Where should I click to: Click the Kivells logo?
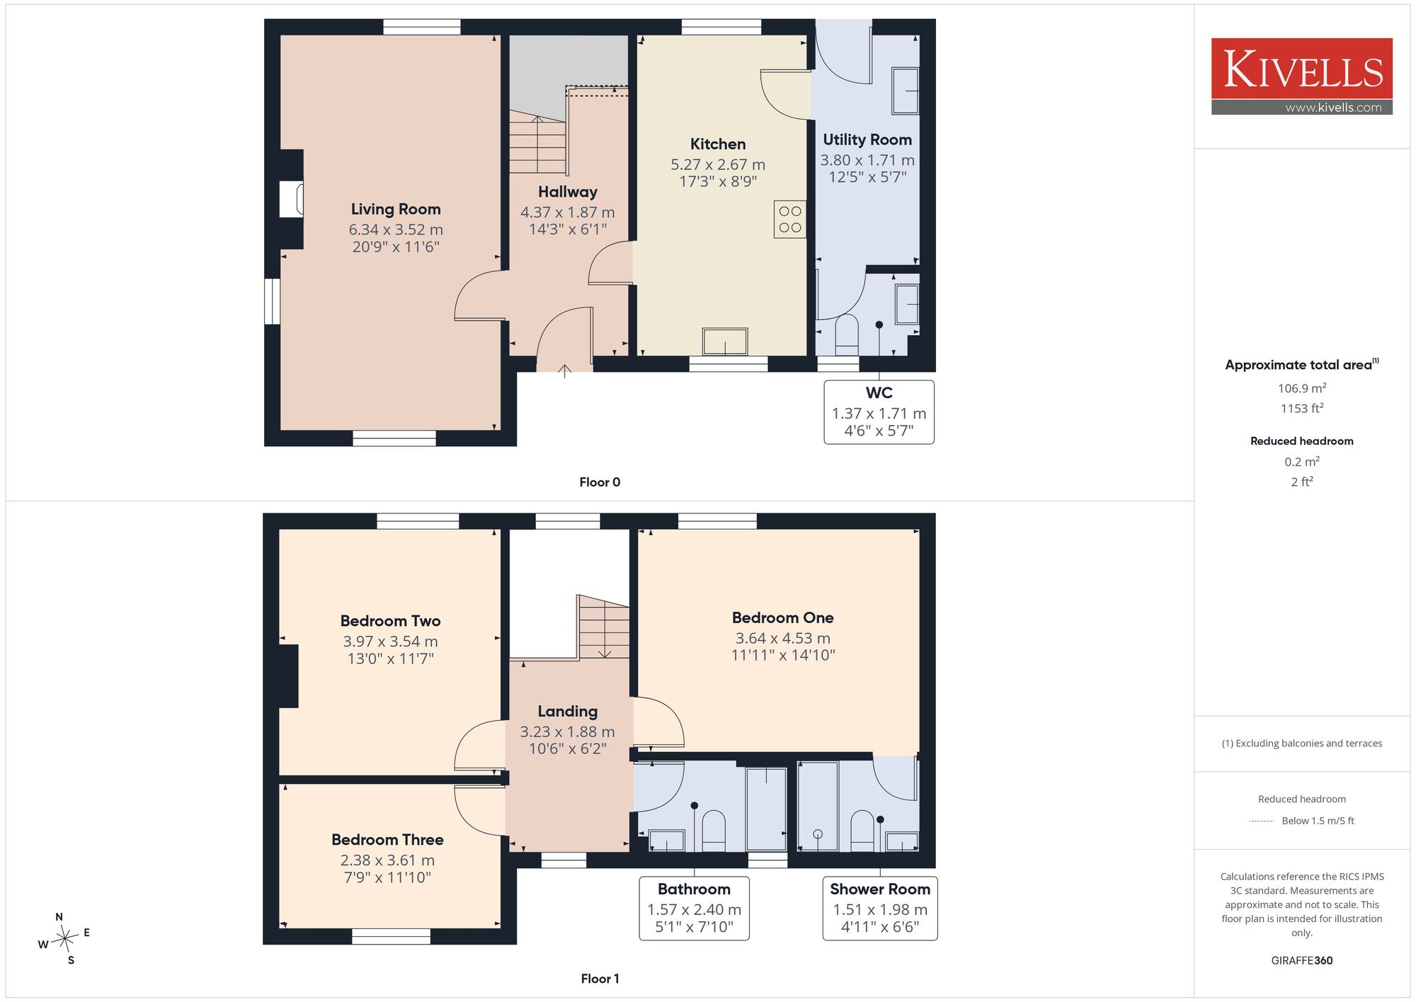click(1301, 76)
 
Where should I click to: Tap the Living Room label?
click(396, 209)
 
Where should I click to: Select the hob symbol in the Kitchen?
click(789, 220)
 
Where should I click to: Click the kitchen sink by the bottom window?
click(725, 341)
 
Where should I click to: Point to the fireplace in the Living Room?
click(291, 199)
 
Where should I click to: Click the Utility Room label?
click(867, 140)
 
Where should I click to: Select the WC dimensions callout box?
click(879, 412)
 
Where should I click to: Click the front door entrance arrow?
click(564, 370)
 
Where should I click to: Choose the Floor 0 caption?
click(600, 482)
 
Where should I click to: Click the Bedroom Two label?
click(390, 621)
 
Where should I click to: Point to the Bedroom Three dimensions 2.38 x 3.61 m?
click(387, 860)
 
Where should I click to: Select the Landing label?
click(567, 711)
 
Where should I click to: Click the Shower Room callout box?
click(880, 909)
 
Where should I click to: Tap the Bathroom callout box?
click(694, 909)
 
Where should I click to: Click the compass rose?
click(64, 939)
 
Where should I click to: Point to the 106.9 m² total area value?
click(1301, 388)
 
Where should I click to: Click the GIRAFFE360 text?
click(1301, 961)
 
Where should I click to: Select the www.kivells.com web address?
click(1333, 108)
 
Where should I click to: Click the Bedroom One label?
click(782, 617)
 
